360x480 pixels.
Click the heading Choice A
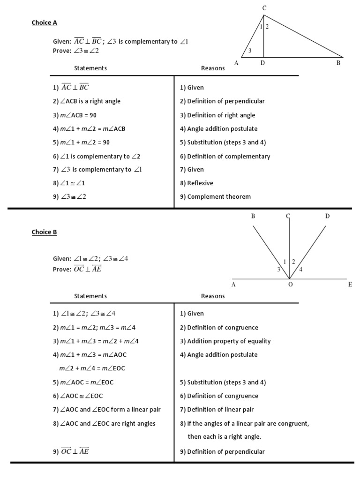click(x=45, y=22)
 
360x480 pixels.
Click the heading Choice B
click(x=45, y=232)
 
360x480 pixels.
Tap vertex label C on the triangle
click(x=264, y=8)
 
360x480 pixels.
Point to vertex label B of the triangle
click(x=338, y=63)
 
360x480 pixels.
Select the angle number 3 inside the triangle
click(x=250, y=51)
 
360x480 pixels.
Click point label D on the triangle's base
click(x=263, y=63)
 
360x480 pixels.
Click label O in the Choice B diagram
click(x=290, y=285)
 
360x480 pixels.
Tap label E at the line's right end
click(x=350, y=285)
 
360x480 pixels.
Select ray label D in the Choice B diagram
click(x=327, y=216)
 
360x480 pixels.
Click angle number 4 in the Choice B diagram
click(x=300, y=269)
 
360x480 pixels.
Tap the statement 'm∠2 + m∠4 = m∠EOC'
click(x=92, y=368)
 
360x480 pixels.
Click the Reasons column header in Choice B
click(x=213, y=296)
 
